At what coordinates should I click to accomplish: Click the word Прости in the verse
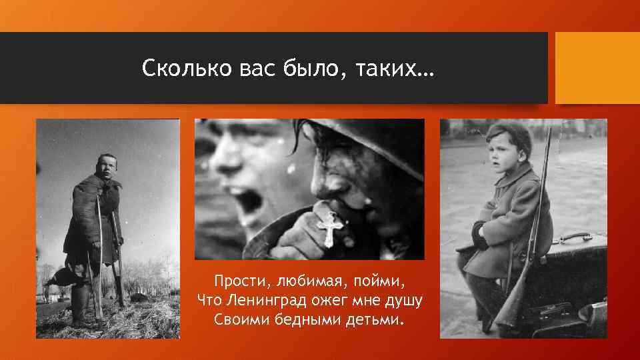tap(235, 281)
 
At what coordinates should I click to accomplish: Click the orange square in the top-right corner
tap(597, 68)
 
